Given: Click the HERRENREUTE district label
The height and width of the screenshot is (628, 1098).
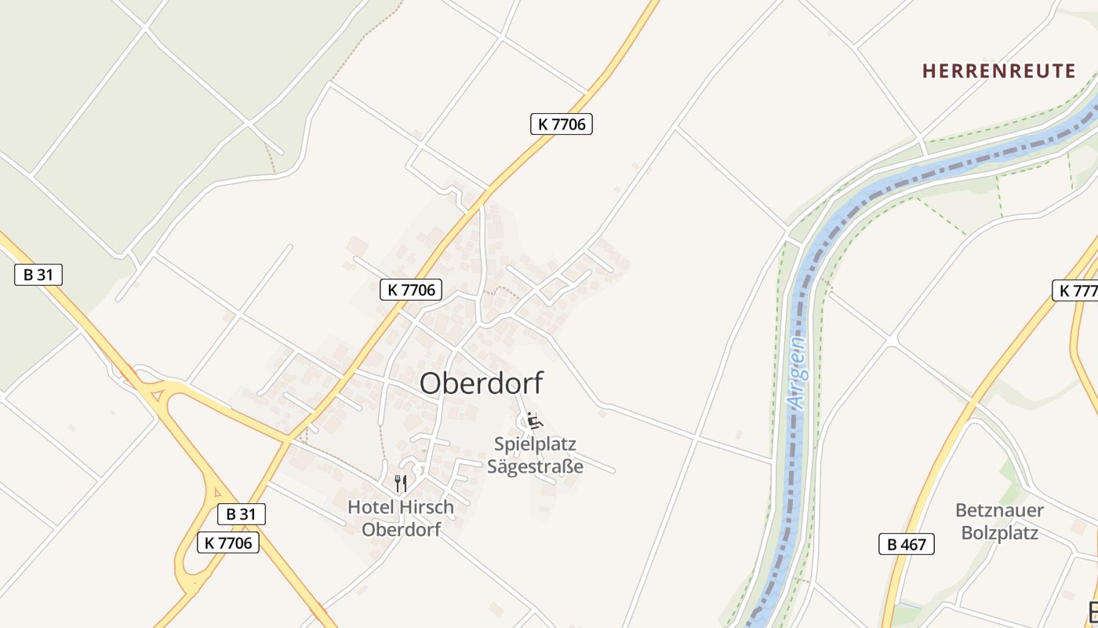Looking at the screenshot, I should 998,71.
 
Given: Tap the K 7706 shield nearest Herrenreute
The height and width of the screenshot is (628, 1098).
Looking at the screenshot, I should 561,123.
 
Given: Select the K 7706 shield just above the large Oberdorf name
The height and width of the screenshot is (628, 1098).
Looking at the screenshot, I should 411,290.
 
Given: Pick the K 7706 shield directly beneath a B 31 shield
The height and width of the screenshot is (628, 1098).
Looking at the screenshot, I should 227,542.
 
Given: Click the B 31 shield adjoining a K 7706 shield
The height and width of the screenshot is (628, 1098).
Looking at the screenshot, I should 242,514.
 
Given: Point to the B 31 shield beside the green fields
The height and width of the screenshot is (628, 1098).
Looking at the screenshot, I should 38,275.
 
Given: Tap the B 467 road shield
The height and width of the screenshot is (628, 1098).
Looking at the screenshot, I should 906,544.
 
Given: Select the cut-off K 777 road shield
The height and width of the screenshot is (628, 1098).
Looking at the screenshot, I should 1075,290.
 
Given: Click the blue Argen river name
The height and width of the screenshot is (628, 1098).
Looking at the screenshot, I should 798,373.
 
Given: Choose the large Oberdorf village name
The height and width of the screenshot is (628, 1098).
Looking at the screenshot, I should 481,383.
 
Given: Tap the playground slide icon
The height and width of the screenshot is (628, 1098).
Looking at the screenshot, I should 534,421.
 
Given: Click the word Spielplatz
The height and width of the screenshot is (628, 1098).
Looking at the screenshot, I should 535,444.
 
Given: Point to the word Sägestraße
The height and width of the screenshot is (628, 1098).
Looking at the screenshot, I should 535,466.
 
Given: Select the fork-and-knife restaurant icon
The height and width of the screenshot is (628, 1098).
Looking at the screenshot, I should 401,483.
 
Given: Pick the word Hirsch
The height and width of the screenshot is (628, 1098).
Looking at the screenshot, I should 426,507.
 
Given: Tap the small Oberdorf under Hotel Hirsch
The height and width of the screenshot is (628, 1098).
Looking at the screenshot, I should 401,529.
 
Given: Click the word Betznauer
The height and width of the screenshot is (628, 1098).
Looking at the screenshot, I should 999,511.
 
